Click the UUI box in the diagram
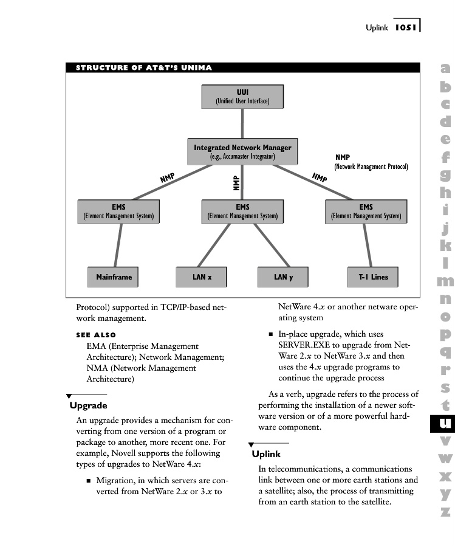pyautogui.click(x=242, y=97)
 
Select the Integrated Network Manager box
pyautogui.click(x=242, y=151)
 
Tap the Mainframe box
pyautogui.click(x=114, y=277)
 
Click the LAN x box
pyautogui.click(x=202, y=277)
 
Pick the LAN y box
pyautogui.click(x=283, y=277)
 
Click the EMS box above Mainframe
pyautogui.click(x=118, y=211)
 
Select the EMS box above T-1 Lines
pyautogui.click(x=366, y=211)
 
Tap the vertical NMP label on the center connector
pyautogui.click(x=236, y=183)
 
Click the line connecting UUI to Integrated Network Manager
pyautogui.click(x=242, y=124)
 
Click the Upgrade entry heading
pyautogui.click(x=88, y=405)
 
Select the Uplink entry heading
pyautogui.click(x=266, y=454)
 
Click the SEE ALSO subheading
pyautogui.click(x=96, y=335)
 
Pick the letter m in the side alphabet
pyautogui.click(x=445, y=281)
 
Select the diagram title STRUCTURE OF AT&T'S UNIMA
pyautogui.click(x=144, y=67)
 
